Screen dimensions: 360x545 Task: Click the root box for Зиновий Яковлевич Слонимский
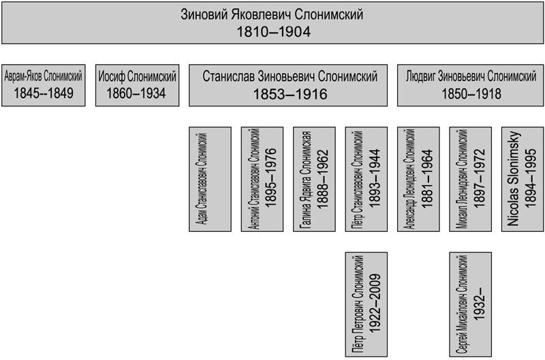click(x=272, y=23)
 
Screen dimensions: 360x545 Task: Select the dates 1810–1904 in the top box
click(x=272, y=32)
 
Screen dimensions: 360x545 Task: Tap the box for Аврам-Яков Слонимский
click(x=44, y=85)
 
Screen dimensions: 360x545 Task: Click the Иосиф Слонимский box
click(x=138, y=85)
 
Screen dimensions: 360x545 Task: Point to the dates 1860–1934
click(x=138, y=93)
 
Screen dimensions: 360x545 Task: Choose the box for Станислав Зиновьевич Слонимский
click(x=290, y=85)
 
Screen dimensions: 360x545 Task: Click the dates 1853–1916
click(x=290, y=94)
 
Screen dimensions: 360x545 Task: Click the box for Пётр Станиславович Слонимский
click(x=367, y=179)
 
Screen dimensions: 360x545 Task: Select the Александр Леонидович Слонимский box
click(x=418, y=179)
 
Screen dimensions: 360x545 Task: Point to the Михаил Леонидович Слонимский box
click(x=471, y=179)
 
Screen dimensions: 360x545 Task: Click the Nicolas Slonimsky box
click(x=523, y=179)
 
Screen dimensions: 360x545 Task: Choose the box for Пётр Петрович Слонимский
click(x=367, y=303)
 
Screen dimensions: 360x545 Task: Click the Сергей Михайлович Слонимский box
click(x=471, y=303)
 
